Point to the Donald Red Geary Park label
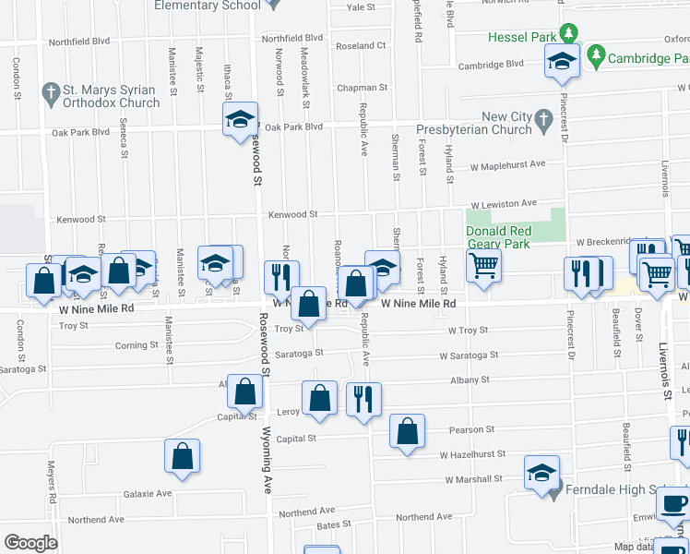coord(498,237)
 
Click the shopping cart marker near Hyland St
coord(483,266)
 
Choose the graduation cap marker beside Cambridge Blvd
coord(559,62)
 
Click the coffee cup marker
coord(672,505)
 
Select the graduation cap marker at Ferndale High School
coord(541,473)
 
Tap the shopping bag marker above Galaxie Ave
coord(183,455)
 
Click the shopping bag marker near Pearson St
coord(407,431)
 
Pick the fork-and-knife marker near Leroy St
coord(363,399)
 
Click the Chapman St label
coord(358,88)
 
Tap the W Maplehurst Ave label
coord(507,164)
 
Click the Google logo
coord(30,543)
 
